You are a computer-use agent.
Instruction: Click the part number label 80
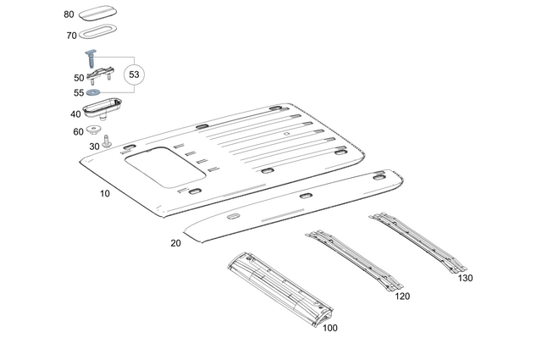[69, 14]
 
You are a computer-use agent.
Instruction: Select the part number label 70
[71, 36]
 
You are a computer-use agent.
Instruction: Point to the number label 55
[79, 93]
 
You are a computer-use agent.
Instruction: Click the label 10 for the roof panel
[105, 193]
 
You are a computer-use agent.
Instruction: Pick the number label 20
[175, 243]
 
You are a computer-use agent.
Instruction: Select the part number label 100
[329, 328]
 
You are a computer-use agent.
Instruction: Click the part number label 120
[402, 296]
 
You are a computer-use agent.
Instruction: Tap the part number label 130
[465, 278]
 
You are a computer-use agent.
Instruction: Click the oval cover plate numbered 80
[103, 14]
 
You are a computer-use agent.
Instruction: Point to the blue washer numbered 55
[93, 92]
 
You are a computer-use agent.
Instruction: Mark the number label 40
[76, 114]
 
